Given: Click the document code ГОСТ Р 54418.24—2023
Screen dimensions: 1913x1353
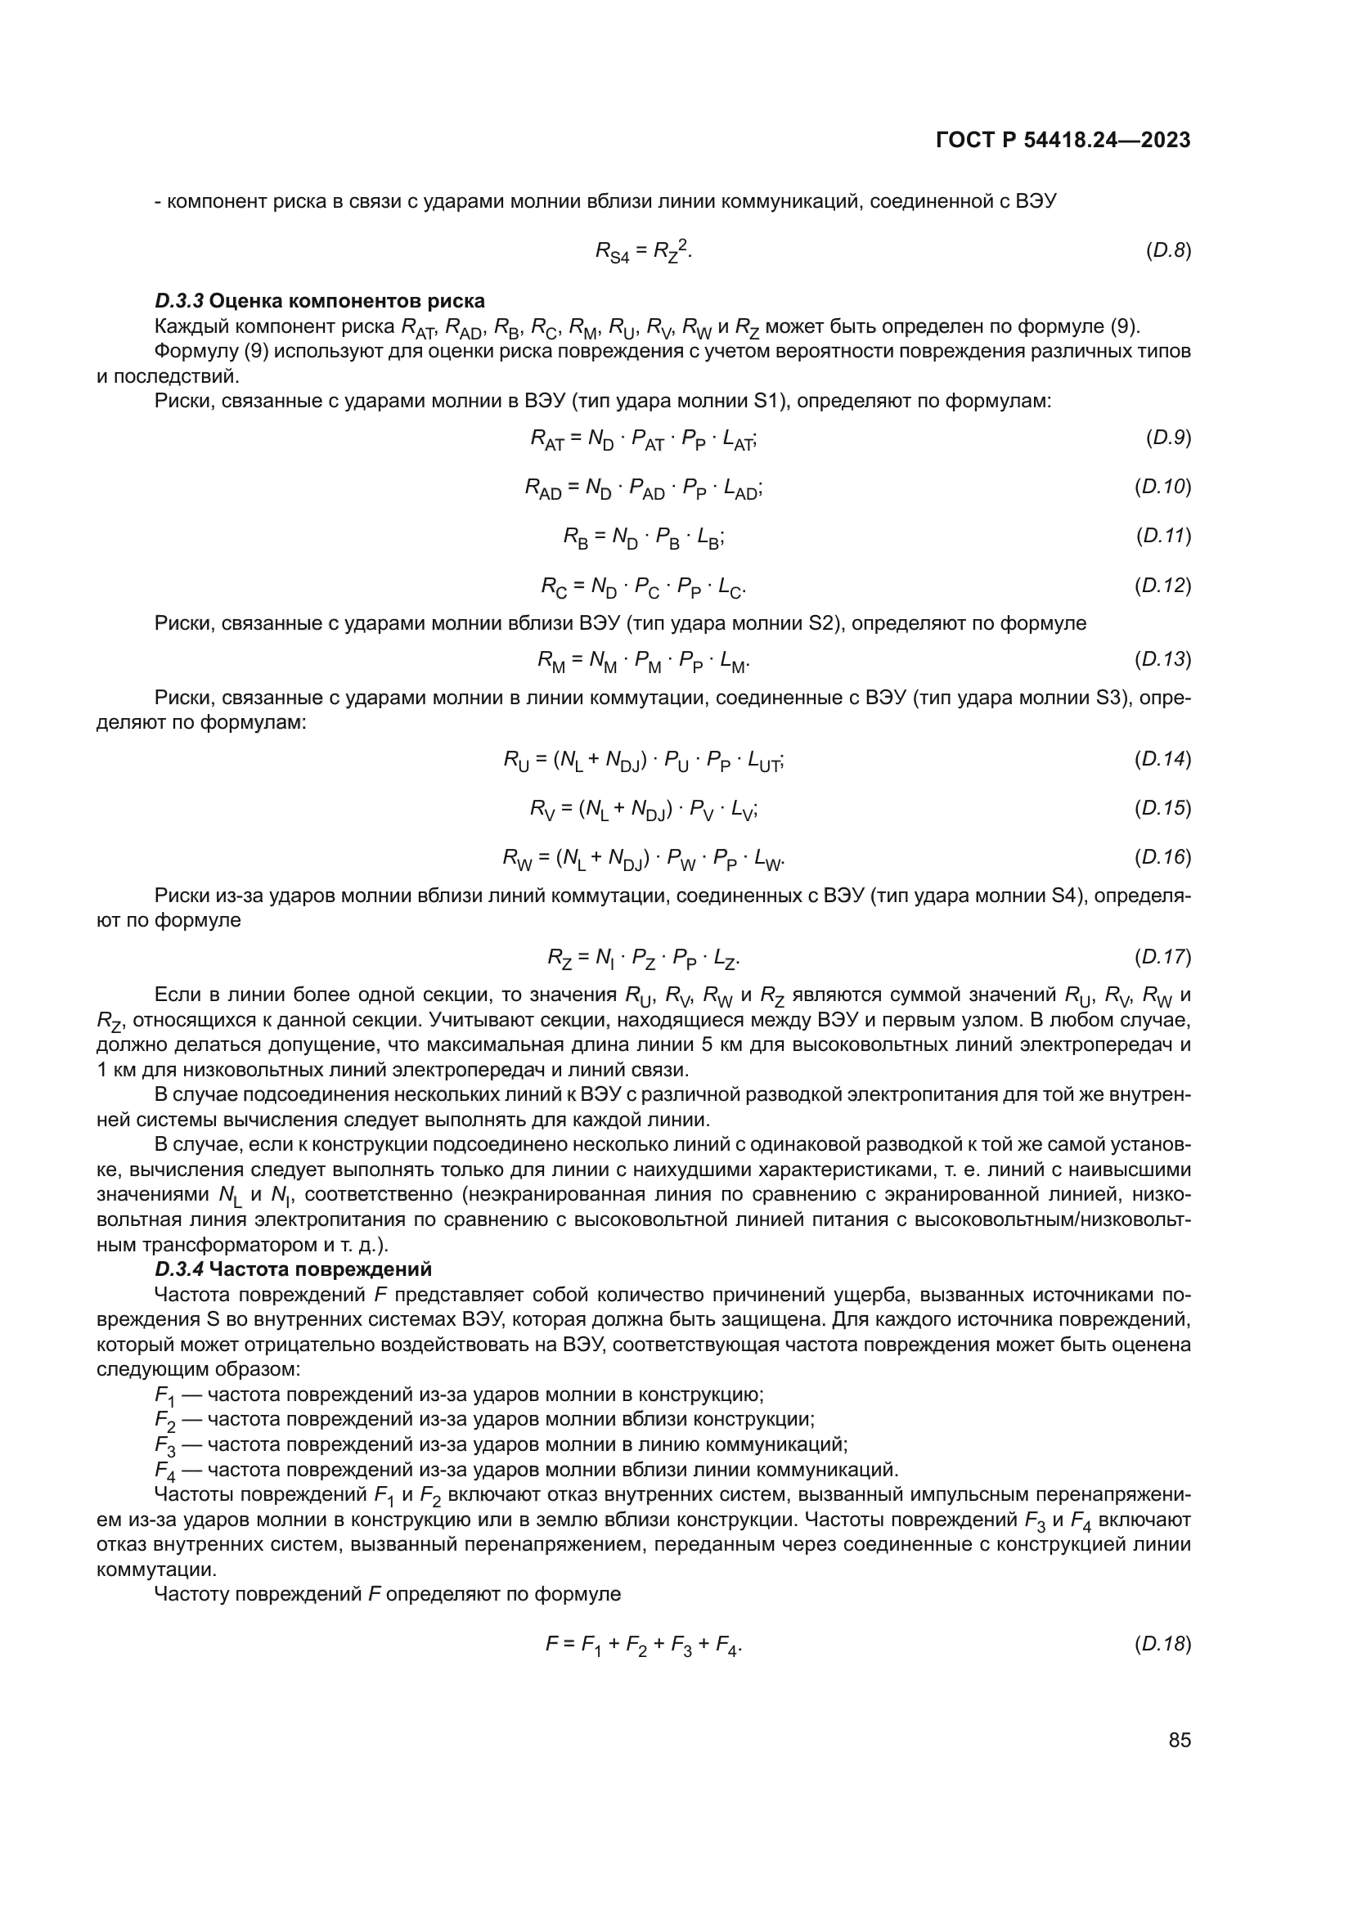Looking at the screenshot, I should [1063, 141].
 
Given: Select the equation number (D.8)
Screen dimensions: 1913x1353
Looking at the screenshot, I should [1168, 250].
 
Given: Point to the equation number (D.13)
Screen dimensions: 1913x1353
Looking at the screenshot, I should [1162, 660].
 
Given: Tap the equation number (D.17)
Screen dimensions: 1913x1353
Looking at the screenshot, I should [1162, 957].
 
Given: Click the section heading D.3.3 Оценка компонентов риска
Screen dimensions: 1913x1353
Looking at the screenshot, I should [320, 301].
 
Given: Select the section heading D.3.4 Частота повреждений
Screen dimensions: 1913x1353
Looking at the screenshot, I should [294, 1269].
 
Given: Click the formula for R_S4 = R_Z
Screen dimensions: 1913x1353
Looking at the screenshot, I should [643, 250].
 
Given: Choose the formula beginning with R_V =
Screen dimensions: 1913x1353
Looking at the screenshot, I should [643, 809].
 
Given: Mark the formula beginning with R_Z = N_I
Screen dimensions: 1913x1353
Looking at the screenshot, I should [643, 959].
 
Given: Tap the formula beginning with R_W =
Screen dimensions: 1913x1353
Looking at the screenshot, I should [643, 858].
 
